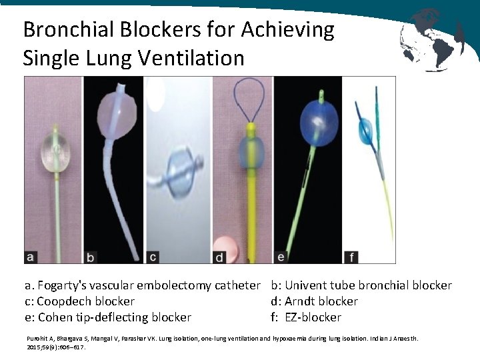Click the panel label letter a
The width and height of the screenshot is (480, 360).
coord(31,255)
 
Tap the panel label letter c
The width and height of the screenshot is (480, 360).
coord(153,256)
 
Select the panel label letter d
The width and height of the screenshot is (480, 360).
coord(219,256)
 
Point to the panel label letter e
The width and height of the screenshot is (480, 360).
coord(281,255)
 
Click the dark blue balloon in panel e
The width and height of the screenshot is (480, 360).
coord(312,122)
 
